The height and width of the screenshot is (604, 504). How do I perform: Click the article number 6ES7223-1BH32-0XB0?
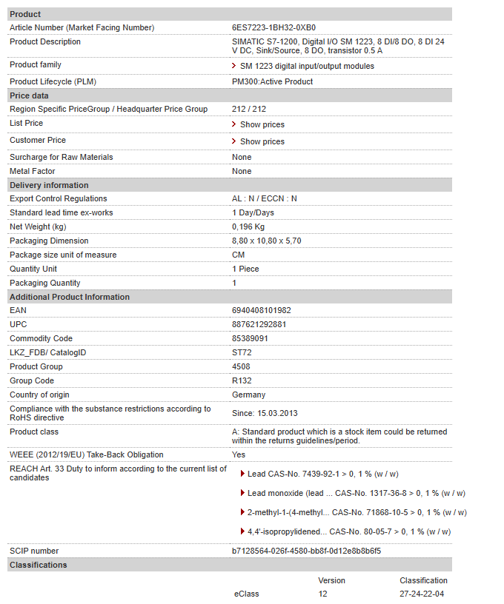click(268, 28)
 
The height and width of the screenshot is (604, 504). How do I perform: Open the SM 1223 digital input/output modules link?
click(307, 67)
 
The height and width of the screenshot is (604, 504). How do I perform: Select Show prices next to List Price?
click(262, 125)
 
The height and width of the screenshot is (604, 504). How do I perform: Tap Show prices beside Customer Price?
click(262, 142)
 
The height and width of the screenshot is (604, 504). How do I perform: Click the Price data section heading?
click(30, 96)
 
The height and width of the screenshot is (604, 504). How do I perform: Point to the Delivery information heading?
click(49, 186)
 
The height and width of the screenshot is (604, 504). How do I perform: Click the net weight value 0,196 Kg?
click(248, 227)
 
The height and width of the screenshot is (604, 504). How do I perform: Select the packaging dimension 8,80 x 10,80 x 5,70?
click(267, 241)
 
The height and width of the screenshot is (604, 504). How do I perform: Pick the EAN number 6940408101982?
click(262, 311)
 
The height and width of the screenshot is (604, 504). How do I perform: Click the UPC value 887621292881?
click(259, 325)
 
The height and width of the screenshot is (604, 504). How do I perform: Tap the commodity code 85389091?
click(251, 339)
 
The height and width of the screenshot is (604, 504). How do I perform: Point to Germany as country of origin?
click(248, 395)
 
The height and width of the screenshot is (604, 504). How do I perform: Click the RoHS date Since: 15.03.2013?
click(265, 413)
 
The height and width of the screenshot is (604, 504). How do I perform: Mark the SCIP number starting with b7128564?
click(307, 551)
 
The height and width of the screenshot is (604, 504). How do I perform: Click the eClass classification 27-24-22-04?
click(422, 594)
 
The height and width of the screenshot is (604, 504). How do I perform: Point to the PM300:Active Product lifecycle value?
click(273, 82)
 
